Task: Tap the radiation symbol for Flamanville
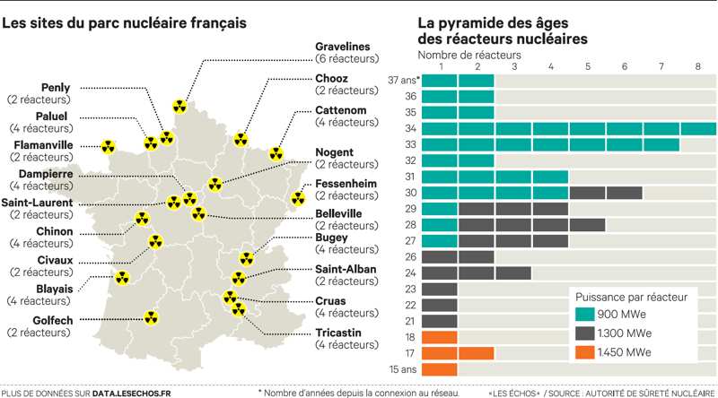click(109, 146)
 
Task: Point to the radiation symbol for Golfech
click(151, 317)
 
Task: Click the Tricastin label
click(340, 333)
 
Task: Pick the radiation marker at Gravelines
click(180, 107)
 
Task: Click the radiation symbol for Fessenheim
click(297, 198)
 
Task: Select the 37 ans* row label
click(399, 81)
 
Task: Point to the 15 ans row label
click(401, 369)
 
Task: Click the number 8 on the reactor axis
click(697, 66)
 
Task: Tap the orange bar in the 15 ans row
click(439, 369)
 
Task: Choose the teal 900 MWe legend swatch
click(588, 314)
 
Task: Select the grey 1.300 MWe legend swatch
click(588, 334)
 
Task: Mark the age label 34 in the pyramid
click(409, 129)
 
